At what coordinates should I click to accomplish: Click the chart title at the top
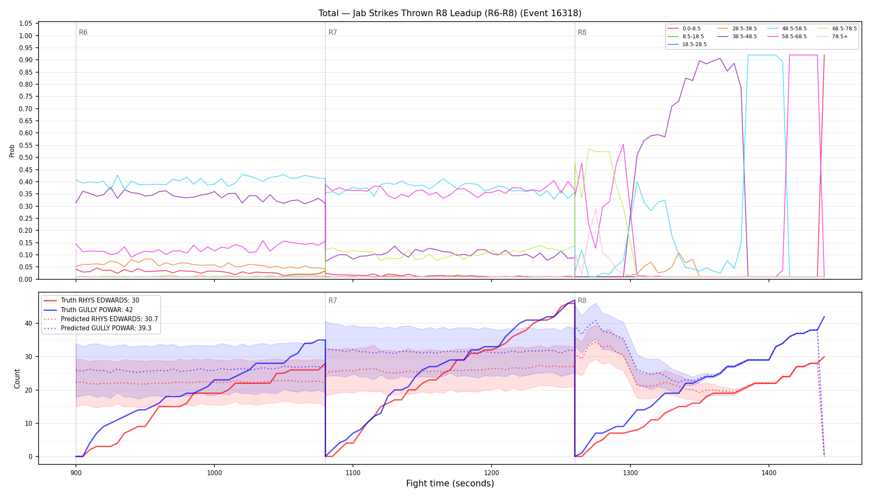[450, 13]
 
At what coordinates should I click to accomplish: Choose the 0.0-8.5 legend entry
[684, 29]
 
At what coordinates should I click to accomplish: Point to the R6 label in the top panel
[83, 32]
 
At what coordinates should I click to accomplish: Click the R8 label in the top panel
[582, 32]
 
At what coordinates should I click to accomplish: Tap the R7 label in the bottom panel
[333, 300]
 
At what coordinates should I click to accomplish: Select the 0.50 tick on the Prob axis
[26, 158]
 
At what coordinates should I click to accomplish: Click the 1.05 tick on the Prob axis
[26, 24]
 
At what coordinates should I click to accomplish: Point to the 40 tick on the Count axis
[29, 323]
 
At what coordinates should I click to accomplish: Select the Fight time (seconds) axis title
[450, 483]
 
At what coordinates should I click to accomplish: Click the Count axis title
[17, 378]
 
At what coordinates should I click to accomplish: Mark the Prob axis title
[12, 151]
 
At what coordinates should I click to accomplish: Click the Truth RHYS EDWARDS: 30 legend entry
[91, 300]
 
